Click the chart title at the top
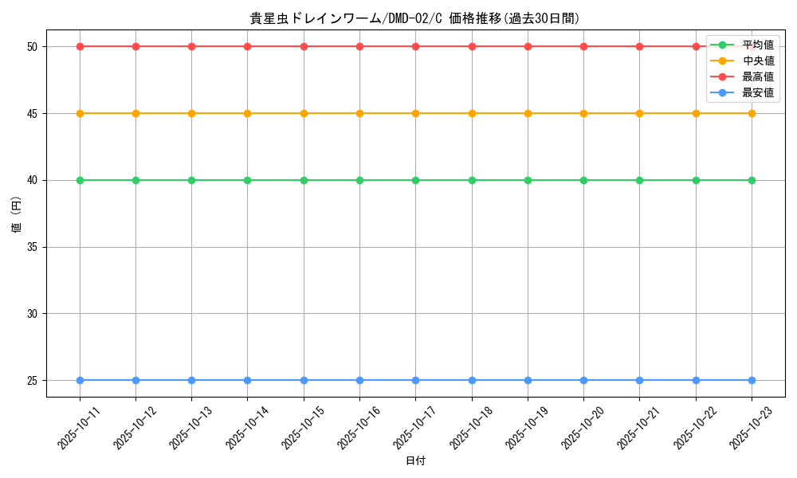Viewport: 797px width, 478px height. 415,18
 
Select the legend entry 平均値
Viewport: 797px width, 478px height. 757,45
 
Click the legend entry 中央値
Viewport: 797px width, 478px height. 757,61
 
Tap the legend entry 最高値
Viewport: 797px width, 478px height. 757,76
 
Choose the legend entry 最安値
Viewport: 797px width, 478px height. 757,92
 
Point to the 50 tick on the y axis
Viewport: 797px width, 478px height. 33,46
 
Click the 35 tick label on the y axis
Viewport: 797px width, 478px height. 33,247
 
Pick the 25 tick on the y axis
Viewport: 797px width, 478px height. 33,380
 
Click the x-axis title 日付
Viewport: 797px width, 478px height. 415,461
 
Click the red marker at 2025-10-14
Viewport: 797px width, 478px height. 248,46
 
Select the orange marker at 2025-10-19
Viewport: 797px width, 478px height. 528,113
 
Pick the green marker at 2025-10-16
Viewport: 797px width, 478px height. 359,180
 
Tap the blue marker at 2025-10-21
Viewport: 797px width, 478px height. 640,380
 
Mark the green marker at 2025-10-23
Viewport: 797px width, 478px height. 752,180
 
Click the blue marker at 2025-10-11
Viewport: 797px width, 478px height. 80,380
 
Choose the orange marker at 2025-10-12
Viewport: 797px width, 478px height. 135,113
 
